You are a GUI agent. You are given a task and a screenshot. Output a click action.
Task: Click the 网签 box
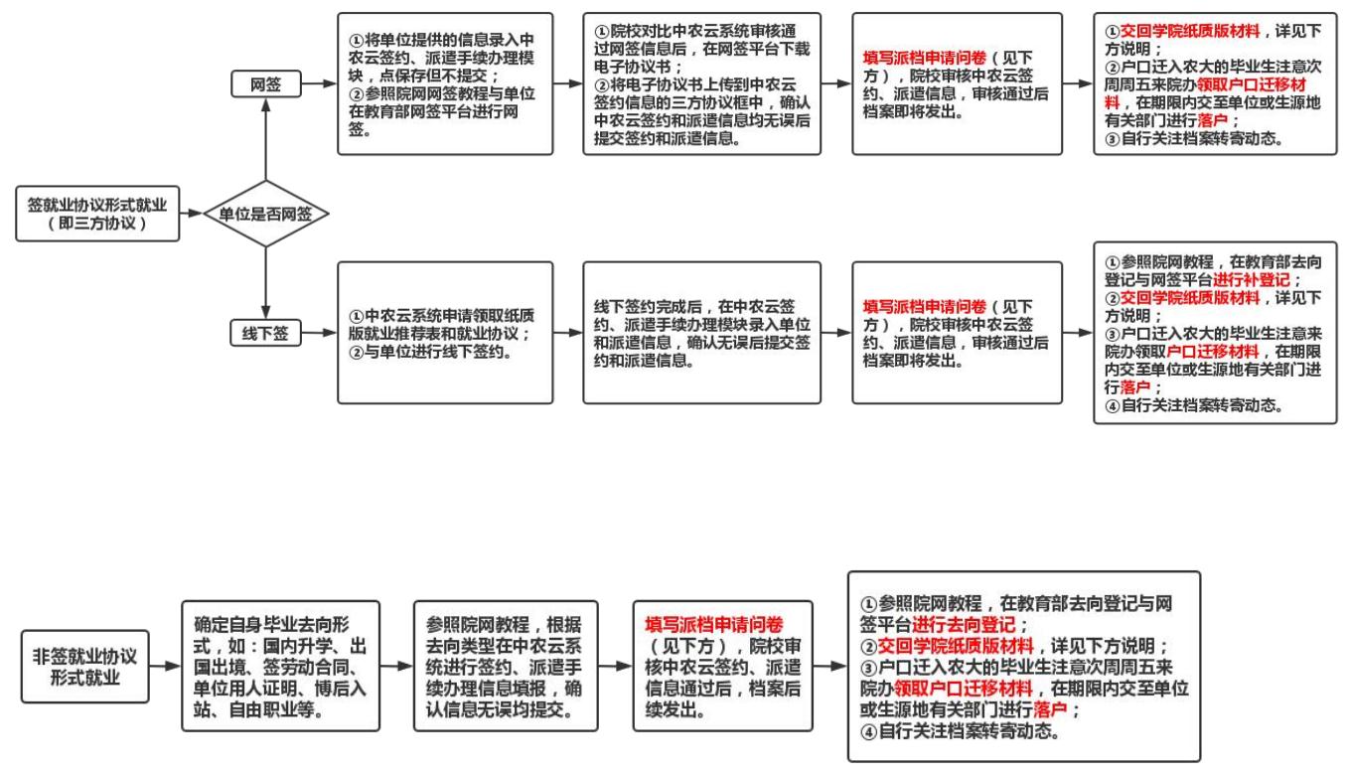(266, 83)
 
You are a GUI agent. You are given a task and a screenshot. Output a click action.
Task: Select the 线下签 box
(265, 333)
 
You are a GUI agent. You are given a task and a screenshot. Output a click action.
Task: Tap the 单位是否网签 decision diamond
(265, 214)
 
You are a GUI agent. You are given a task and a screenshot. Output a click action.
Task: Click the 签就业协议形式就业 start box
(97, 214)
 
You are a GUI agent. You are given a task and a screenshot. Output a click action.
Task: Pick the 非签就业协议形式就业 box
(84, 667)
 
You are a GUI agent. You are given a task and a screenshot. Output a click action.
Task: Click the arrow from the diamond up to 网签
(265, 139)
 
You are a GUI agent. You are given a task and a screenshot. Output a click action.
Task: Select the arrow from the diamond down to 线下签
(265, 283)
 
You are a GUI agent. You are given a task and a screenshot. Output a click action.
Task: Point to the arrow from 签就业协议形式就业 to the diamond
(191, 214)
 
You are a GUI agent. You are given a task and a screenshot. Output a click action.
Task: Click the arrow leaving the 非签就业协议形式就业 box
(165, 666)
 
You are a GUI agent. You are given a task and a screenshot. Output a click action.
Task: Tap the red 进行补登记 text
(1251, 280)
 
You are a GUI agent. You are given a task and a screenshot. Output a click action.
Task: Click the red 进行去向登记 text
(963, 624)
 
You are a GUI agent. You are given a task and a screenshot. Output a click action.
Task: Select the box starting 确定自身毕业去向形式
(281, 666)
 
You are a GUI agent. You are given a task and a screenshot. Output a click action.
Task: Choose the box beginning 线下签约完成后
(701, 333)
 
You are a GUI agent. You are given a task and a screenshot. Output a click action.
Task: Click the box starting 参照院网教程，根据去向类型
(506, 666)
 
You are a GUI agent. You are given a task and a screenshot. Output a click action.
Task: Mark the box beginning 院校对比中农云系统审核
(701, 83)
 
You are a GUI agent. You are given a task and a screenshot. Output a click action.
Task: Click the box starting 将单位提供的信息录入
(445, 83)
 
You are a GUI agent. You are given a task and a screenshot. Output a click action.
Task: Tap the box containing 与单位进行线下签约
(445, 333)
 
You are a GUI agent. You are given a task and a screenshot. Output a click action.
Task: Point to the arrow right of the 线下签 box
(319, 333)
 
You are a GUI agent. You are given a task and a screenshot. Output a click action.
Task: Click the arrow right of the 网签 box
(319, 83)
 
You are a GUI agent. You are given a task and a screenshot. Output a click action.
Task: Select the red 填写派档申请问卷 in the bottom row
(713, 624)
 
